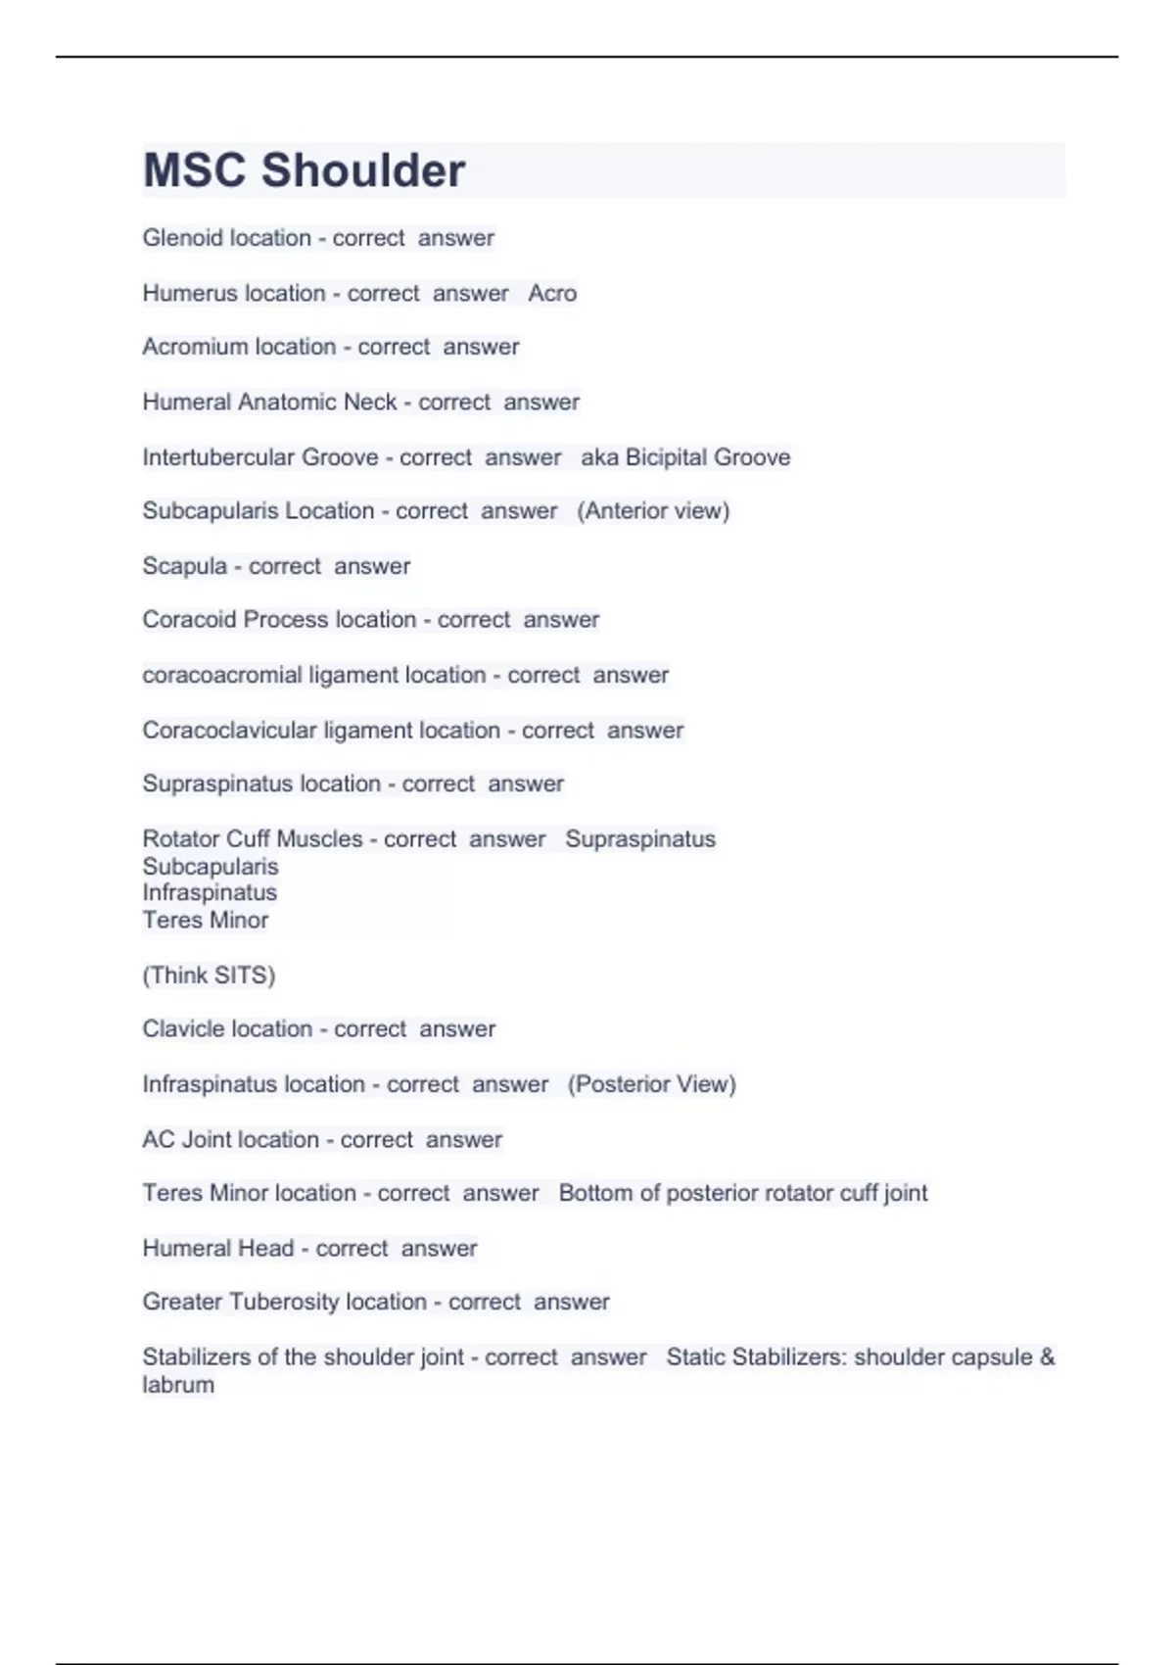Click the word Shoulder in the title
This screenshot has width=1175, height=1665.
coord(363,170)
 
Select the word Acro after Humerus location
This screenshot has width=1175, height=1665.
coord(552,293)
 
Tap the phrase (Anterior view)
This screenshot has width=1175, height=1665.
coord(653,511)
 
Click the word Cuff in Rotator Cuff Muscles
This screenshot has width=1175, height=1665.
coord(247,839)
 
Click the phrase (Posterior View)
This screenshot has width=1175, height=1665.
coord(652,1084)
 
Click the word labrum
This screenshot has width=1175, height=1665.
coord(178,1385)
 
